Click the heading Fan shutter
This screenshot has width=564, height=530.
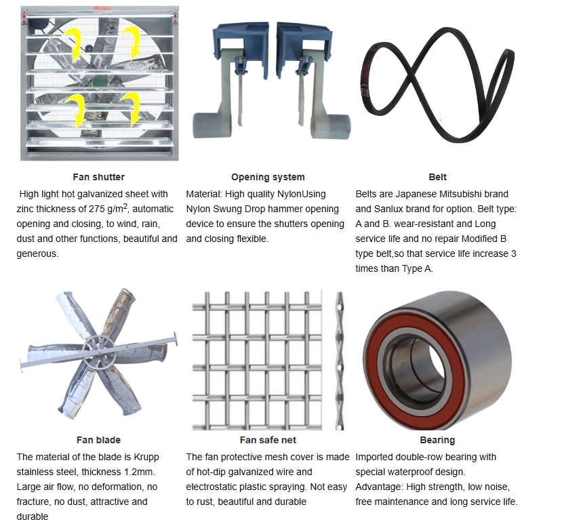pyautogui.click(x=98, y=177)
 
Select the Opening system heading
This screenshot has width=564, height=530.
pyautogui.click(x=268, y=178)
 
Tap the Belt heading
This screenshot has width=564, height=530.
pyautogui.click(x=437, y=177)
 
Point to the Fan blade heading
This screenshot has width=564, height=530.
pyautogui.click(x=98, y=440)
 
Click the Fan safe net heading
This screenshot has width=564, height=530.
pyautogui.click(x=268, y=440)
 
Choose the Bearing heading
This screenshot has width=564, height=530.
pyautogui.click(x=437, y=440)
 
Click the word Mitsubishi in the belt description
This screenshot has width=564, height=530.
pyautogui.click(x=462, y=194)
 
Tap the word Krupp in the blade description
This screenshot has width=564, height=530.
pyautogui.click(x=146, y=457)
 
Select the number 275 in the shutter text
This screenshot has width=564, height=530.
pyautogui.click(x=97, y=209)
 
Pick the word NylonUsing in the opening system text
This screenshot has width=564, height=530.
pyautogui.click(x=302, y=195)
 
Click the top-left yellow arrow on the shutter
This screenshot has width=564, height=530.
pyautogui.click(x=75, y=44)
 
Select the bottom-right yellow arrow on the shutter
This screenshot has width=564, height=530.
pyautogui.click(x=132, y=108)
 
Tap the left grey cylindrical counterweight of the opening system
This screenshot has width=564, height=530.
pyautogui.click(x=212, y=126)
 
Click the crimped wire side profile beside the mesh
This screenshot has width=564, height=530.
pyautogui.click(x=339, y=361)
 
